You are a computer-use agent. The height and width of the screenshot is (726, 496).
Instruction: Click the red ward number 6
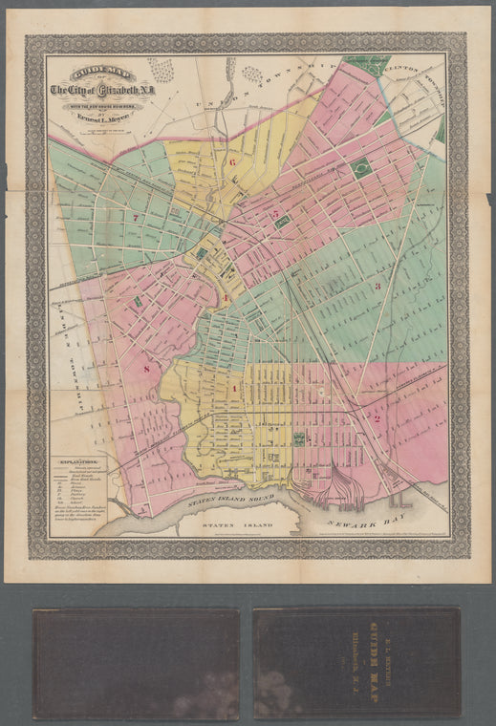232,161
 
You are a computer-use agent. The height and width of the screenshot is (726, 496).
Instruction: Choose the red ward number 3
377,285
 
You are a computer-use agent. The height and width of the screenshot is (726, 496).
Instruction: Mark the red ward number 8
146,368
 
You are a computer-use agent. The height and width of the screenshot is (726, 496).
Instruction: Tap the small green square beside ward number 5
283,221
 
